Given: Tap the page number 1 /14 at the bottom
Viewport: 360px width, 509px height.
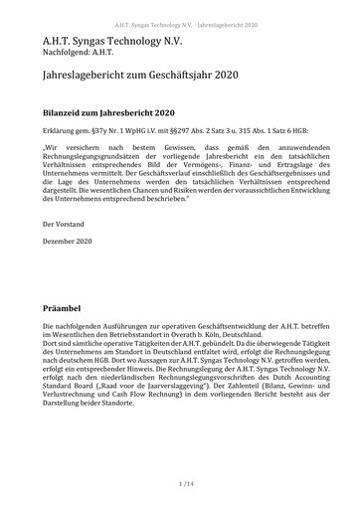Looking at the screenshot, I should pos(179,483).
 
